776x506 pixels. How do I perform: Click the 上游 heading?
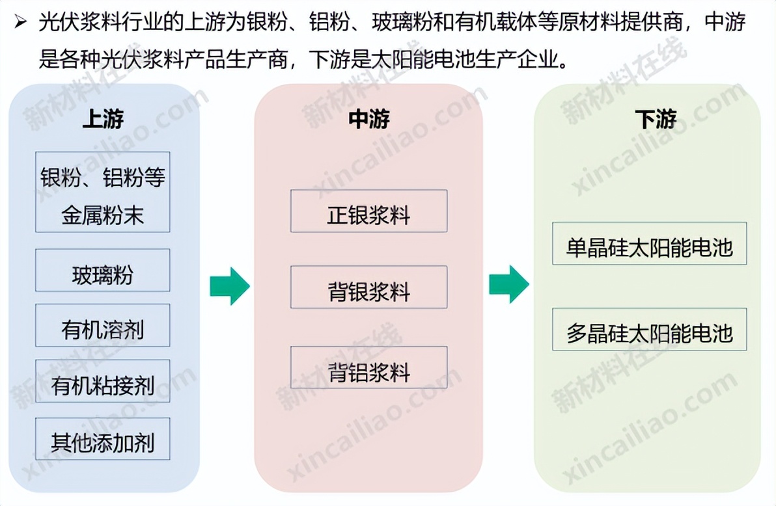[x=103, y=119]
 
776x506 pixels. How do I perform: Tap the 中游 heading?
[x=368, y=119]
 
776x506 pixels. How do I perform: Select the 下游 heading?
[x=656, y=119]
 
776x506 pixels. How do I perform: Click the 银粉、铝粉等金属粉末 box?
[x=102, y=192]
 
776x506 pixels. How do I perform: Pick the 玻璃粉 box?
[x=102, y=270]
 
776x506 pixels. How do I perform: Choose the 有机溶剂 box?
[x=102, y=325]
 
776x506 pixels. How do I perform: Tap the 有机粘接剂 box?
[x=102, y=381]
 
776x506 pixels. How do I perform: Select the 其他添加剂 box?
[x=102, y=439]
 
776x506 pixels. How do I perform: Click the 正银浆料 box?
[x=368, y=211]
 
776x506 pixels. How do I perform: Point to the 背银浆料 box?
[x=368, y=287]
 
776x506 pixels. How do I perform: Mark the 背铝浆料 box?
[x=368, y=367]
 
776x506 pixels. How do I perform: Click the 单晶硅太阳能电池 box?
[x=649, y=243]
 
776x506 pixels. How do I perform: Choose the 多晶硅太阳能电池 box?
[x=649, y=329]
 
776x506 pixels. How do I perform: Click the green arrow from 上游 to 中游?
[x=230, y=286]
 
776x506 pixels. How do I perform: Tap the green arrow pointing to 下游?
[x=508, y=284]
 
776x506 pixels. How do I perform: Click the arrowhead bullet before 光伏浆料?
[x=20, y=21]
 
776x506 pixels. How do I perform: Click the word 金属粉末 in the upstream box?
[x=102, y=216]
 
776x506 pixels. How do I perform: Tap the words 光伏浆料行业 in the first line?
[x=101, y=22]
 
